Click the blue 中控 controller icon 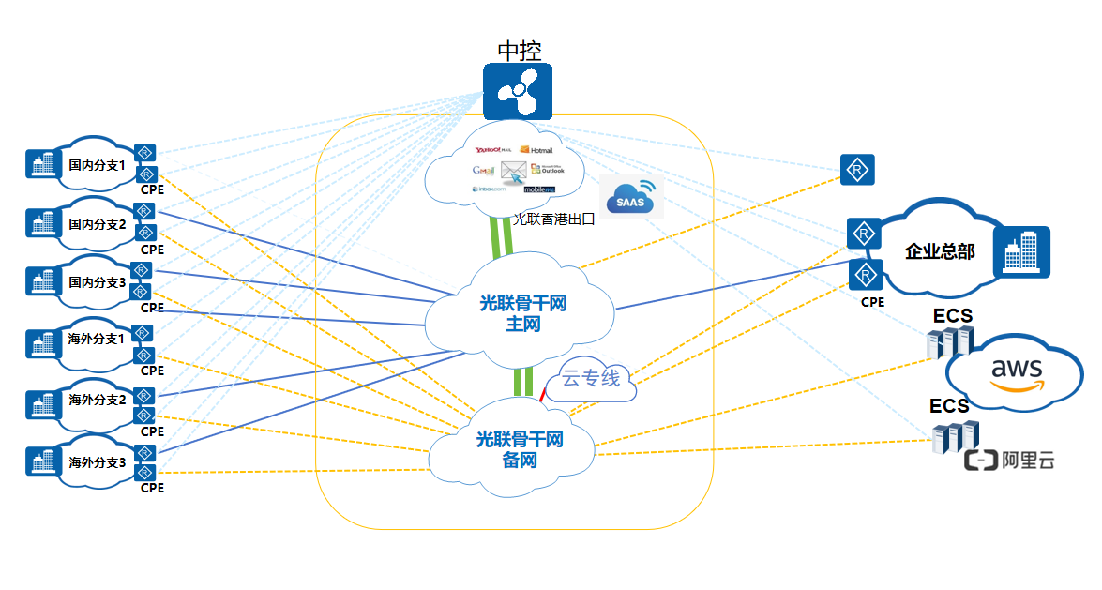tap(518, 91)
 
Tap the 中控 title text tap(519, 51)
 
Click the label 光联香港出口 tap(553, 219)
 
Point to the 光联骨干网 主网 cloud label tap(522, 314)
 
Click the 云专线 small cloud tap(591, 380)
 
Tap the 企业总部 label tap(940, 251)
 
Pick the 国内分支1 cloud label tap(97, 165)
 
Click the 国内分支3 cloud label tap(97, 281)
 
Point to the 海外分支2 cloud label tap(97, 400)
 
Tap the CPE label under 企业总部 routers tap(872, 302)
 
